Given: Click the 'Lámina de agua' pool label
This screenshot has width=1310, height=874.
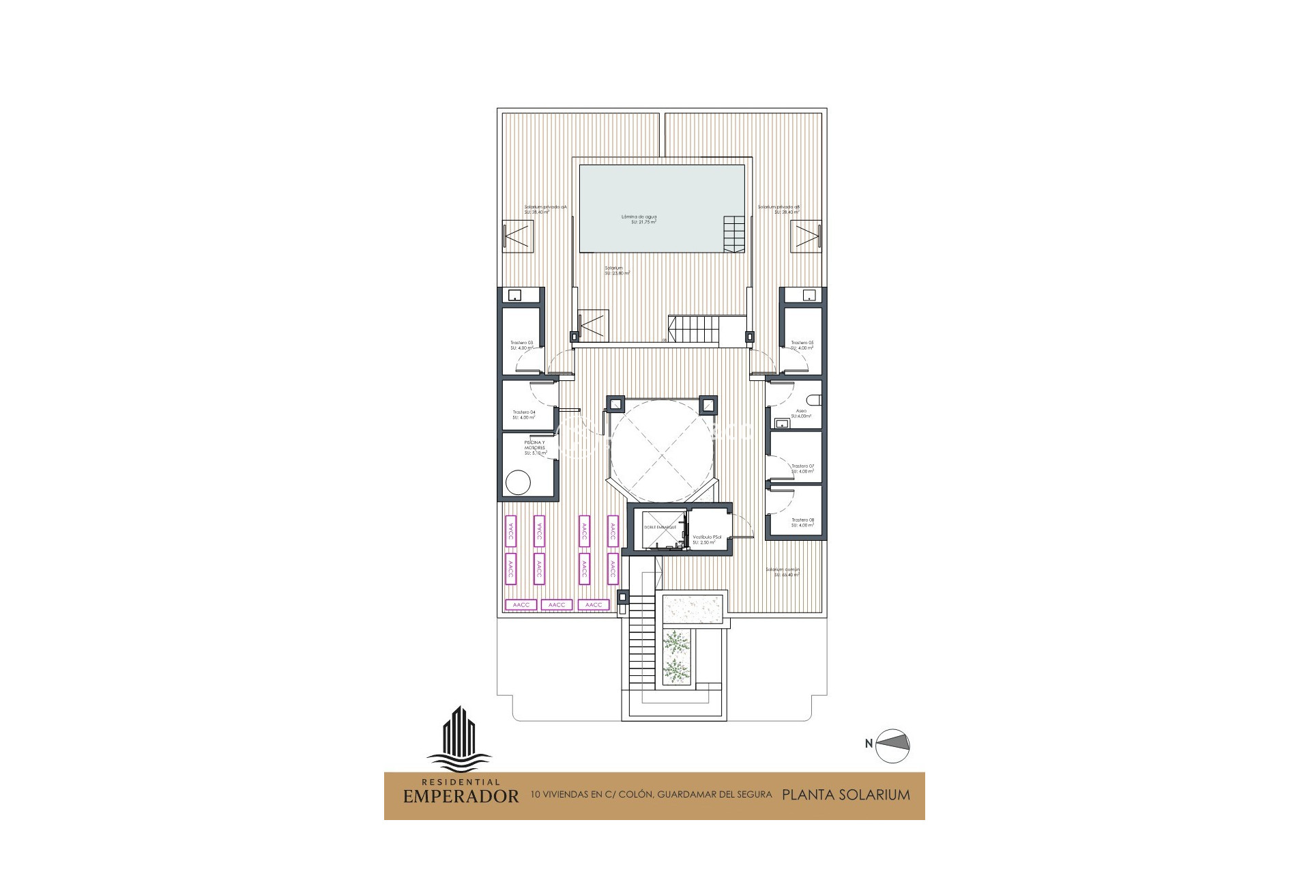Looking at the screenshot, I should click(639, 219).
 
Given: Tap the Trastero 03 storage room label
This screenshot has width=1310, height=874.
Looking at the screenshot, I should click(521, 346).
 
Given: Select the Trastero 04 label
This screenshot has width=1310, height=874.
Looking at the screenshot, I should click(524, 414).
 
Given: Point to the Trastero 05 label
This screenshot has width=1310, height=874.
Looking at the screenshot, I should click(802, 346).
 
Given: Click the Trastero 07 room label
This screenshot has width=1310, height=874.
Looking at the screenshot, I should click(802, 469).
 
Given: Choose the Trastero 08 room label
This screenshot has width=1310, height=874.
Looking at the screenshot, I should click(802, 523).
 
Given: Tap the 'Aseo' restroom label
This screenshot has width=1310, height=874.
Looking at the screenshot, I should click(801, 413).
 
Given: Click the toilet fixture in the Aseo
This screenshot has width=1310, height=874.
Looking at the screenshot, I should click(813, 400).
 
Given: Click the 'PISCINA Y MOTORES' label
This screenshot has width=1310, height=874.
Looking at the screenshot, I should click(535, 447).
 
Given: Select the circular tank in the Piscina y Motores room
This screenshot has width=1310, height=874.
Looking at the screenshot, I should click(519, 483).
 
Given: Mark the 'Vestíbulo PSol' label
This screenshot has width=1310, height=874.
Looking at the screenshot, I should click(706, 539).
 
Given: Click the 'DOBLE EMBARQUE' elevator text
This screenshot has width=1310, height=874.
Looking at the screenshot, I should click(660, 528).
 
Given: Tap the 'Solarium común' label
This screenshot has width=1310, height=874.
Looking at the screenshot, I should click(782, 572).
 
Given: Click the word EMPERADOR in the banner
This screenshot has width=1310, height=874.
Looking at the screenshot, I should click(461, 796).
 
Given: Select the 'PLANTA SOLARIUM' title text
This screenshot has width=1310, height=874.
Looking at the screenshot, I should click(845, 795).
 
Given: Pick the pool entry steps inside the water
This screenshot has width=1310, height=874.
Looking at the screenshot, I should click(734, 234).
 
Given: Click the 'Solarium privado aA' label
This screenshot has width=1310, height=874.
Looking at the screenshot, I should click(545, 209).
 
